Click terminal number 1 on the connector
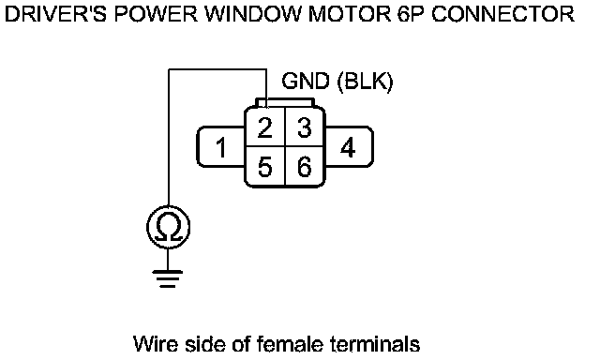pyautogui.click(x=221, y=148)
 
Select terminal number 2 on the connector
pyautogui.click(x=264, y=127)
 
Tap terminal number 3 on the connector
pyautogui.click(x=304, y=127)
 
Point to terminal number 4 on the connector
pyautogui.click(x=348, y=148)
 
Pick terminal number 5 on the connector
pyautogui.click(x=264, y=167)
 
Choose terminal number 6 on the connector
pyautogui.click(x=304, y=167)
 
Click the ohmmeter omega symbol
pyautogui.click(x=169, y=227)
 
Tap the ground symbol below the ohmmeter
pyautogui.click(x=168, y=278)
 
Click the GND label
pyautogui.click(x=306, y=82)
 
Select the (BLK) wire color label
pyautogui.click(x=365, y=82)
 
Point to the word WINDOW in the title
pyautogui.click(x=252, y=14)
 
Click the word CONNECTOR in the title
pyautogui.click(x=502, y=14)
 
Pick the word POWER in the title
pyautogui.click(x=156, y=14)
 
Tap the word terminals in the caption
pyautogui.click(x=375, y=343)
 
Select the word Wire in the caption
pyautogui.click(x=156, y=343)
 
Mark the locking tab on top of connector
pyautogui.click(x=285, y=102)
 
